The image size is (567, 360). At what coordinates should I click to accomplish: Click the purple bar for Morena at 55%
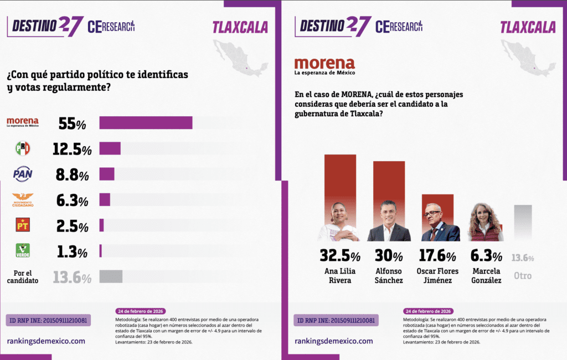pyautogui.click(x=146, y=122)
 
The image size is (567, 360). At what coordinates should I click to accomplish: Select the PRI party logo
pyautogui.click(x=23, y=148)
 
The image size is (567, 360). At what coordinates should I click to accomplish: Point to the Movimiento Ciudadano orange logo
pyautogui.click(x=23, y=199)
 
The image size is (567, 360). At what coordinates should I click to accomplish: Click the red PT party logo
pyautogui.click(x=23, y=225)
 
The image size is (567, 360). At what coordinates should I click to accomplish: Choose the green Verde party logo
pyautogui.click(x=23, y=250)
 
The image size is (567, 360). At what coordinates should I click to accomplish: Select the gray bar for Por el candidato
pyautogui.click(x=111, y=276)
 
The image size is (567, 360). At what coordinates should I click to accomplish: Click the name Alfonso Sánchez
pyautogui.click(x=388, y=276)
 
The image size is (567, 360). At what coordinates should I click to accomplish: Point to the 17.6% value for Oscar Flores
pyautogui.click(x=436, y=256)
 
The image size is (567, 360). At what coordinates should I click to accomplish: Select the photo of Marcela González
pyautogui.click(x=485, y=223)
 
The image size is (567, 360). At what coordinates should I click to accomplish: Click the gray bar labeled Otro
pyautogui.click(x=523, y=223)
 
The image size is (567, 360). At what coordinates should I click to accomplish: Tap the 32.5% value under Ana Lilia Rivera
pyautogui.click(x=340, y=256)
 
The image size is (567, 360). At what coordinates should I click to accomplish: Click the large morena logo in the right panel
pyautogui.click(x=324, y=66)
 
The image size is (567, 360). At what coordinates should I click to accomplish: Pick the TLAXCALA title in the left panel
pyautogui.click(x=239, y=27)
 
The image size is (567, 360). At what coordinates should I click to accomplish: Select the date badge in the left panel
pyautogui.click(x=141, y=311)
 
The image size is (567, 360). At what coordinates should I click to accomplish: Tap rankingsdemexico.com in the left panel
pyautogui.click(x=46, y=341)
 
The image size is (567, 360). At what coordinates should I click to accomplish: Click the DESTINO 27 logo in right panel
pyautogui.click(x=332, y=25)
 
